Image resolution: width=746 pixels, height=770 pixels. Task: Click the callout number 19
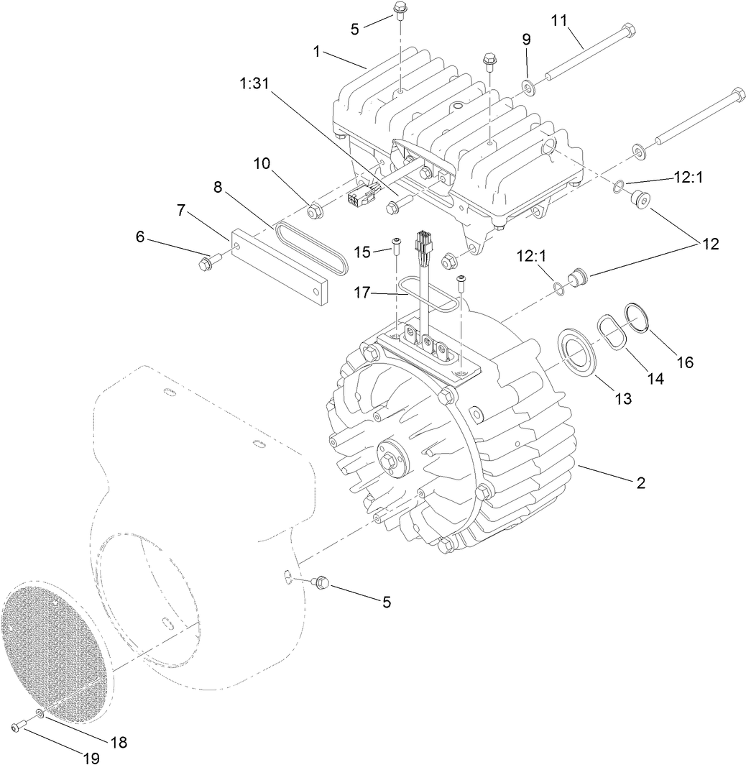[91, 758]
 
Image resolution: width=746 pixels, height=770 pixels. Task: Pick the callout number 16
[685, 362]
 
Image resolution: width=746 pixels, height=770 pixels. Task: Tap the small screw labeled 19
[17, 728]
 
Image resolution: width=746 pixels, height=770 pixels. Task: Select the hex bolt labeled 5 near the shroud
[321, 583]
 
